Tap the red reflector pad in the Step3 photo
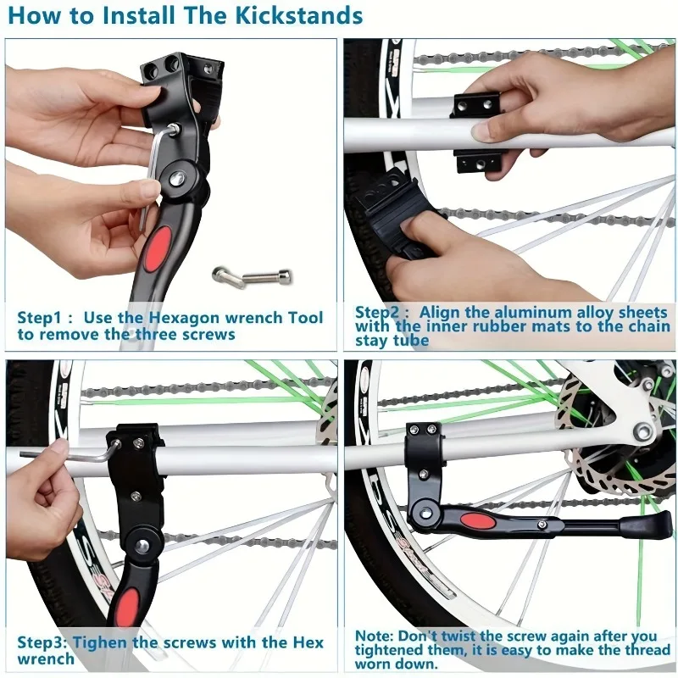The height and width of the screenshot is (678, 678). click(x=127, y=606)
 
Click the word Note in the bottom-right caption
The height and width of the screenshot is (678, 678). click(x=374, y=636)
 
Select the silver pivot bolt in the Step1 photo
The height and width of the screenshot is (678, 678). click(x=180, y=176)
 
